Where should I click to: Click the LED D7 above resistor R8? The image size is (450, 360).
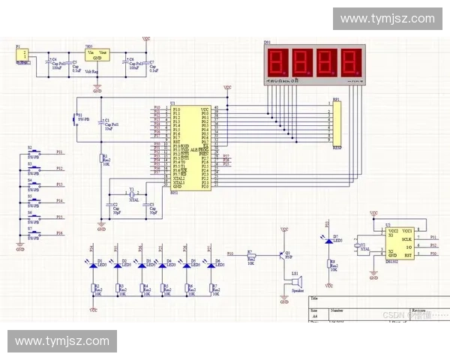coord(328,240)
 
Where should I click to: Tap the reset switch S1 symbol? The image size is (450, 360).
coord(76,118)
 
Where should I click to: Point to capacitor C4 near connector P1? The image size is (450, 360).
coord(50,63)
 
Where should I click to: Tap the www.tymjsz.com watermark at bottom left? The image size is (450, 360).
coord(62,341)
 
